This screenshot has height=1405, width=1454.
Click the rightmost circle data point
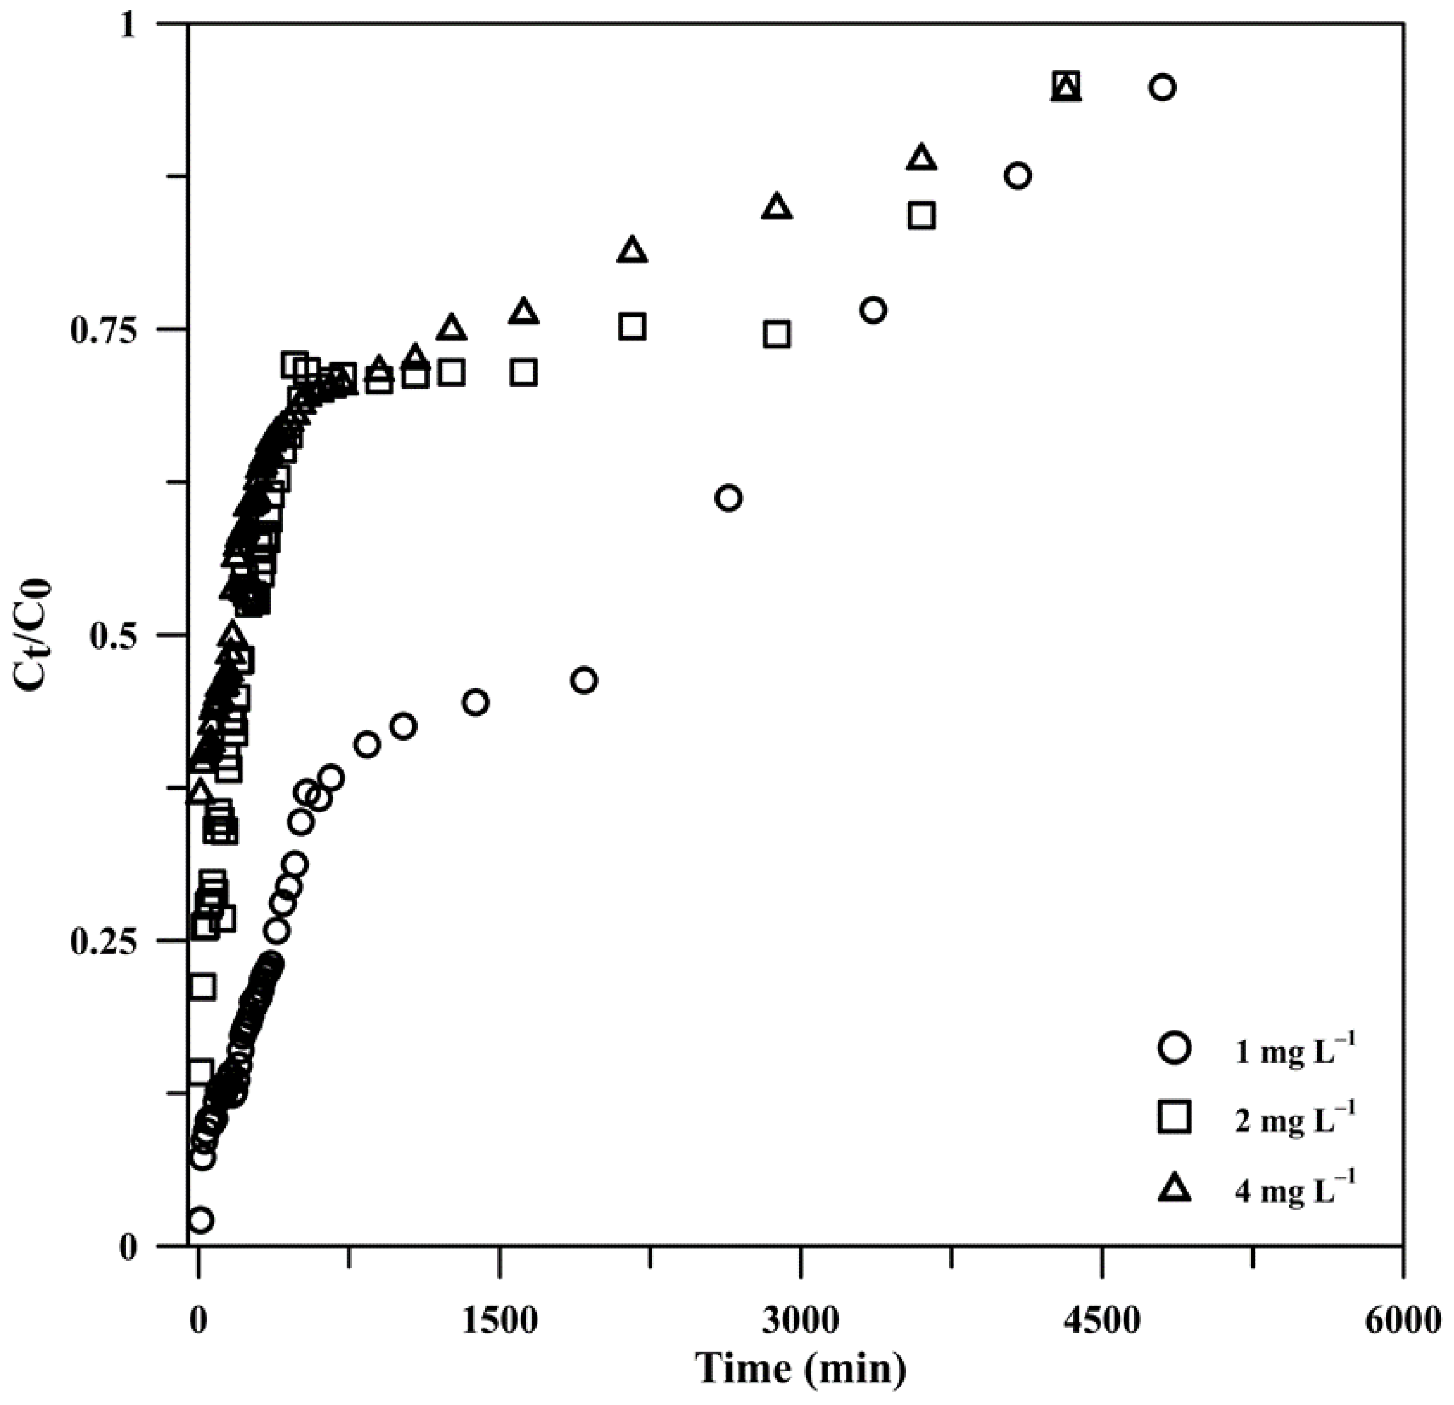1162,88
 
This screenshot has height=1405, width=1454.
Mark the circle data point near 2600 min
729,498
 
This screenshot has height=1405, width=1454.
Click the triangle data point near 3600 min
921,158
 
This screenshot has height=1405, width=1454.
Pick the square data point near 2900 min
777,334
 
